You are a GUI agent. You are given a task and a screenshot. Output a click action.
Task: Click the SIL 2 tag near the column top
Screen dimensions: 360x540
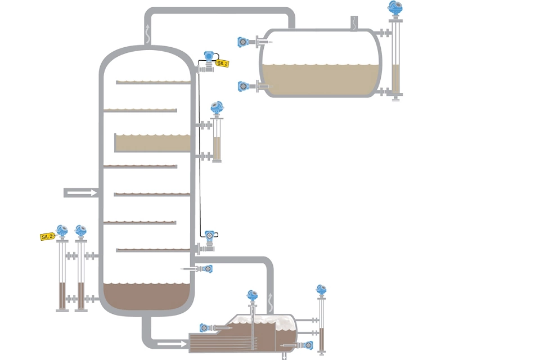click(x=223, y=64)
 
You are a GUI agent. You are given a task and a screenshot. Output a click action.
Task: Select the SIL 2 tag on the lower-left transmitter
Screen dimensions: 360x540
click(x=47, y=236)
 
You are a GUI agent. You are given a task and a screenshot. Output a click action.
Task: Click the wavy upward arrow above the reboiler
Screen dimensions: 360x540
click(x=270, y=297)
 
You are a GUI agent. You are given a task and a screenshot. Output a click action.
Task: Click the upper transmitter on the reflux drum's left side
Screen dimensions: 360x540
click(x=244, y=41)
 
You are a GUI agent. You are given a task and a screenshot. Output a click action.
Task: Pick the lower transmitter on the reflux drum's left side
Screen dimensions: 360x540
click(x=244, y=86)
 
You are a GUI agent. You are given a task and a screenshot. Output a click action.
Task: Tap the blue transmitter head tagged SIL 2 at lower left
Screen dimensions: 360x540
click(x=62, y=229)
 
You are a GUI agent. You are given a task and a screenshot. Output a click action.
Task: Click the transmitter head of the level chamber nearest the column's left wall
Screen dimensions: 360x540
click(x=80, y=229)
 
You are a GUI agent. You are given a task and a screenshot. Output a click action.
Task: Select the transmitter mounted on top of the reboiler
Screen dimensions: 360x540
click(x=251, y=295)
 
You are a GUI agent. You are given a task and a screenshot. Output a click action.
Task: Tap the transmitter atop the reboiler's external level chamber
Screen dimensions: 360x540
click(x=321, y=290)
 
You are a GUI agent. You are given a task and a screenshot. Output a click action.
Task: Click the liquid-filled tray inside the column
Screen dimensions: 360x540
click(x=153, y=143)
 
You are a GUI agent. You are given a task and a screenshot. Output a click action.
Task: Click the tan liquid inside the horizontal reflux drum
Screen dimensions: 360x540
click(x=321, y=78)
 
